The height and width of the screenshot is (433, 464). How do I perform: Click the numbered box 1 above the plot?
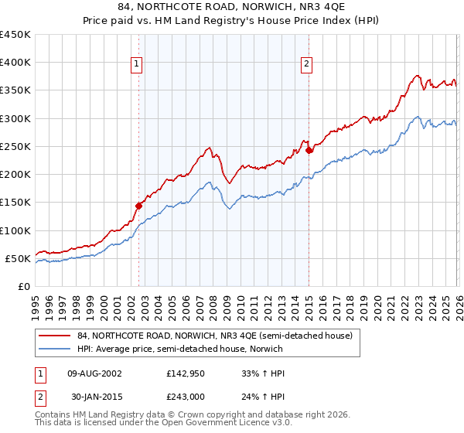[x=136, y=65]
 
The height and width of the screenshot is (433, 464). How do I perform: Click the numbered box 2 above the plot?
[x=306, y=65]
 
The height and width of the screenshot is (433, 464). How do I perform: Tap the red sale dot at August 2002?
[x=138, y=206]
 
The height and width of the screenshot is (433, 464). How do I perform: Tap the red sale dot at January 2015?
[x=309, y=150]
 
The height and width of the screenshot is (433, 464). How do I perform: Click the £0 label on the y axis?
[x=24, y=286]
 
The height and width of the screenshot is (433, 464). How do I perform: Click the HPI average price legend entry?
[x=201, y=349]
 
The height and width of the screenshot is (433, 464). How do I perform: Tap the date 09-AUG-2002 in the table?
[x=94, y=373]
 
